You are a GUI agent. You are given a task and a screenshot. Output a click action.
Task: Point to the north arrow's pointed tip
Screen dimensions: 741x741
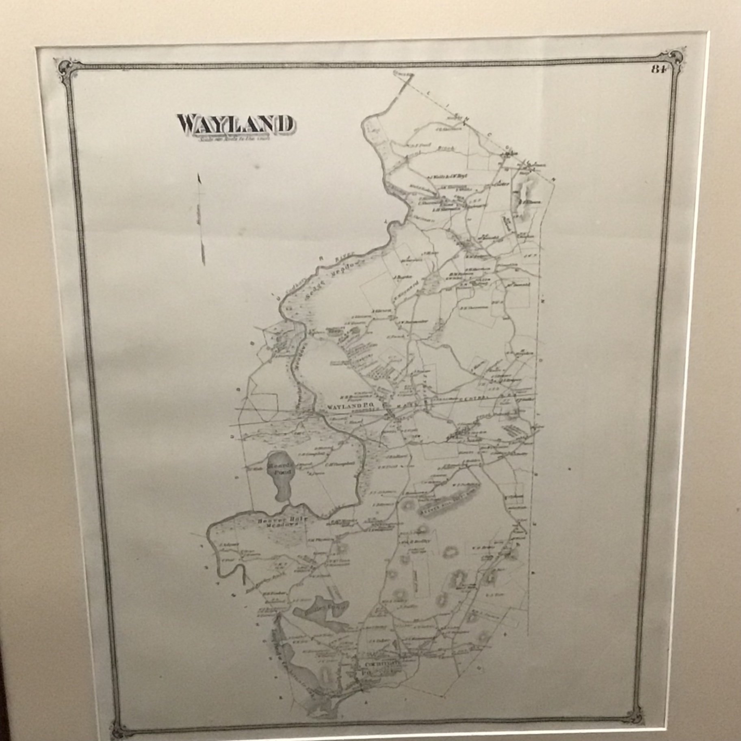click(199, 176)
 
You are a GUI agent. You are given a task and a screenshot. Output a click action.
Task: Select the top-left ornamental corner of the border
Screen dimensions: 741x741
click(65, 67)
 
